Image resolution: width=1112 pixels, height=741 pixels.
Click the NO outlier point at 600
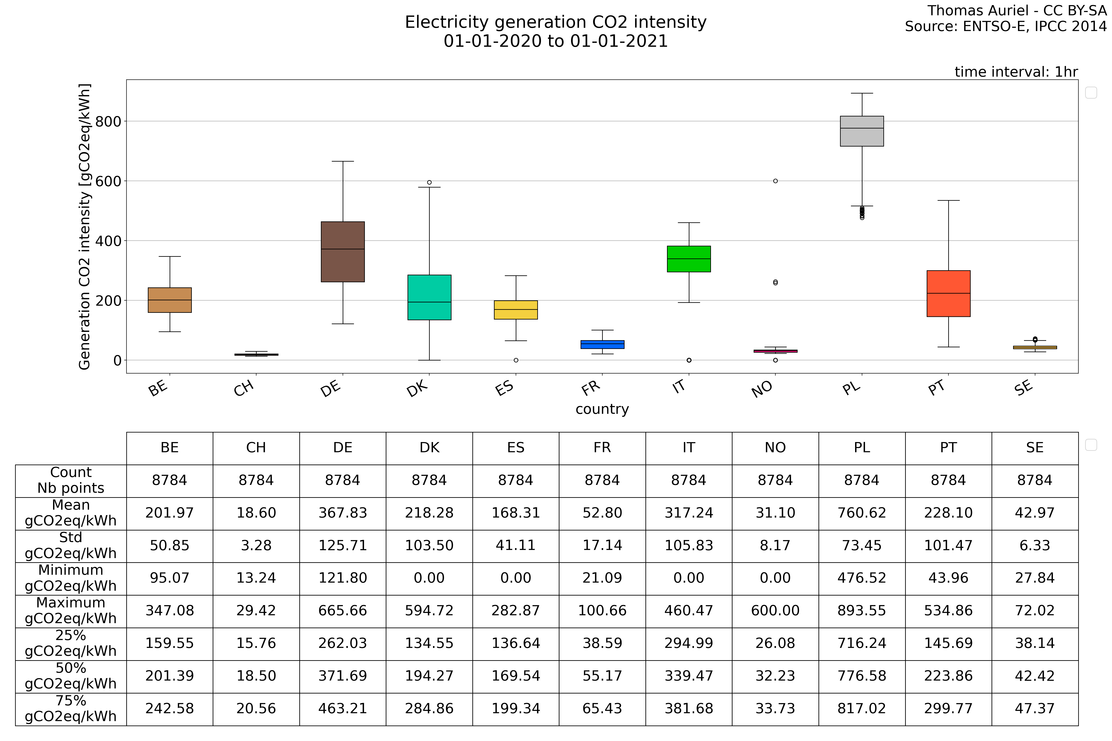pyautogui.click(x=775, y=181)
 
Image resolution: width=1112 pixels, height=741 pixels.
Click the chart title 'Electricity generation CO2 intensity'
pyautogui.click(x=556, y=22)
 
